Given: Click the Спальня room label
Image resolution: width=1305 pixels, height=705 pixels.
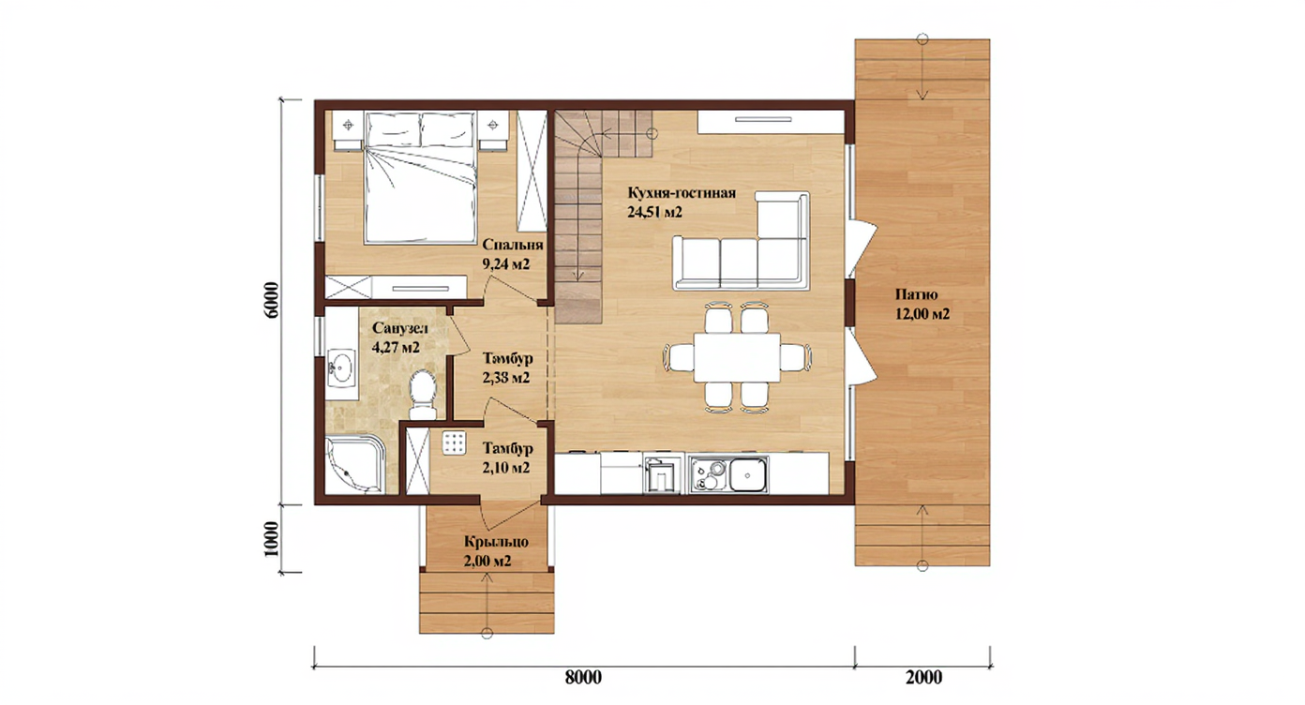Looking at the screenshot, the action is click(513, 245).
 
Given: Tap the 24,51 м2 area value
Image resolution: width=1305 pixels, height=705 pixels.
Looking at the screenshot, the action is click(654, 212).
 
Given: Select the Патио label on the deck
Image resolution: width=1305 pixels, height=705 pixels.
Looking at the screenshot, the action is click(917, 294).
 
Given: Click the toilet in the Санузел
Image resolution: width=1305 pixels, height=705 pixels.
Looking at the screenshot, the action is click(423, 394).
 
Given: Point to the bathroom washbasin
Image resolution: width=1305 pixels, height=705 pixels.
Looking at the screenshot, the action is click(341, 367).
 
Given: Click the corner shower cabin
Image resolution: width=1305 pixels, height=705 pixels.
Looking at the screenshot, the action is click(355, 465).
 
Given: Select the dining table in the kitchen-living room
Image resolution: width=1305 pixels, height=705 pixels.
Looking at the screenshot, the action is click(737, 356).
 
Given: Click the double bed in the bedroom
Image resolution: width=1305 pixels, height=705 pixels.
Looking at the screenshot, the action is click(419, 178).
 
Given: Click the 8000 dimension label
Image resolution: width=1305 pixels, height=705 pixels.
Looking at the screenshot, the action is click(583, 678).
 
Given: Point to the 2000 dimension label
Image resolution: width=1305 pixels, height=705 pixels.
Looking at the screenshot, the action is click(924, 678).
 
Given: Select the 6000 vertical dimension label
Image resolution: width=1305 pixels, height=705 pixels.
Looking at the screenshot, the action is click(272, 299).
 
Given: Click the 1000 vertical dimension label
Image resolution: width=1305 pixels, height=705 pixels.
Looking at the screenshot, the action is click(272, 538).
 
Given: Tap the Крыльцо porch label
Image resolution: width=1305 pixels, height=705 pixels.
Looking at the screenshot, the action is click(496, 542).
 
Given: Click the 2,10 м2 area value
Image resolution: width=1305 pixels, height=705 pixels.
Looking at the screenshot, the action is click(506, 467).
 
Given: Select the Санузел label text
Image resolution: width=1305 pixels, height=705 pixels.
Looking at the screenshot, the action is click(400, 329).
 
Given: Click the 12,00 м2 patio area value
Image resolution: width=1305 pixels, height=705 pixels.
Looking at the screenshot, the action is click(922, 314).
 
